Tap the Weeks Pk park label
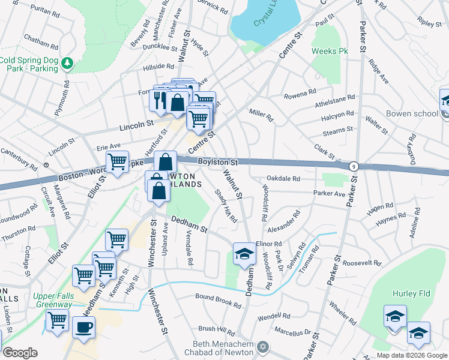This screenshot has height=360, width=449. click(x=330, y=51)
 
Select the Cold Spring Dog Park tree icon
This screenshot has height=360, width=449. click(x=67, y=62)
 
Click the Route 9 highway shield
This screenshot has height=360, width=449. click(x=354, y=166)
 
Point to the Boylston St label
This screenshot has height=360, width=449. click(x=219, y=162)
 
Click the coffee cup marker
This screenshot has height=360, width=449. click(x=84, y=328)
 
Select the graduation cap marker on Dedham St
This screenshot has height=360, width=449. click(x=244, y=254)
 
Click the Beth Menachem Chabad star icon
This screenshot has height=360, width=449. click(x=262, y=346)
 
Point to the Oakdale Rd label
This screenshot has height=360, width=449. click(x=283, y=178)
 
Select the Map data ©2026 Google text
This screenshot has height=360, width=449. click(x=412, y=355)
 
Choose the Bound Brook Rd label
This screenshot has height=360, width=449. click(x=218, y=300)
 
